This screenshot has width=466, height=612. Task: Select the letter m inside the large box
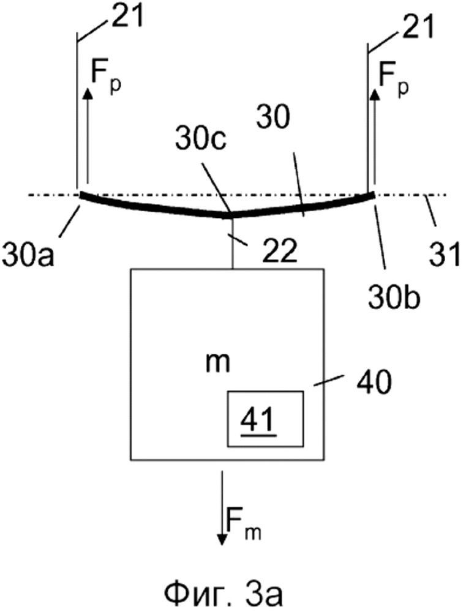pyautogui.click(x=218, y=362)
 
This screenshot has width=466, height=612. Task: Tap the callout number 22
pyautogui.click(x=280, y=250)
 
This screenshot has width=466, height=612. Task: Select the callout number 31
pyautogui.click(x=444, y=255)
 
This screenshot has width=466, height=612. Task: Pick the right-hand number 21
pyautogui.click(x=418, y=26)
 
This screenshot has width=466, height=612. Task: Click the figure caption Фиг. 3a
pyautogui.click(x=224, y=594)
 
